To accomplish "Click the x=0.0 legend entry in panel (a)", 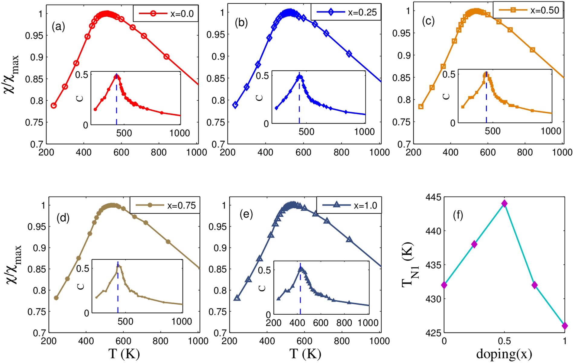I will coord(166,14).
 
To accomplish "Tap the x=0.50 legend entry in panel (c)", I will coord(528,10).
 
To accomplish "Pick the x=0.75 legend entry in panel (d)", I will coord(165,205).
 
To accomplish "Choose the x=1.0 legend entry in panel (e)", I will coord(349,206).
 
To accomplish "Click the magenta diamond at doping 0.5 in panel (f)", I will coord(504,204).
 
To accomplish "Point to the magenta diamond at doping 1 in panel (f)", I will coord(565,326).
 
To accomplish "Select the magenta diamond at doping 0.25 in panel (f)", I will coord(474,244).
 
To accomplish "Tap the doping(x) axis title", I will coord(504,354).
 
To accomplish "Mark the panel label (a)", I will coord(58,27).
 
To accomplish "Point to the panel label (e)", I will coord(246,214).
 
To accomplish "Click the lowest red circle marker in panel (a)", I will coord(54,105).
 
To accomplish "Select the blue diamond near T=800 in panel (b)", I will coord(349,54).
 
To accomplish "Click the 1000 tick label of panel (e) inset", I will coord(368,323).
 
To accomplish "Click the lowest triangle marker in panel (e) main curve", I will coord(237,298).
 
